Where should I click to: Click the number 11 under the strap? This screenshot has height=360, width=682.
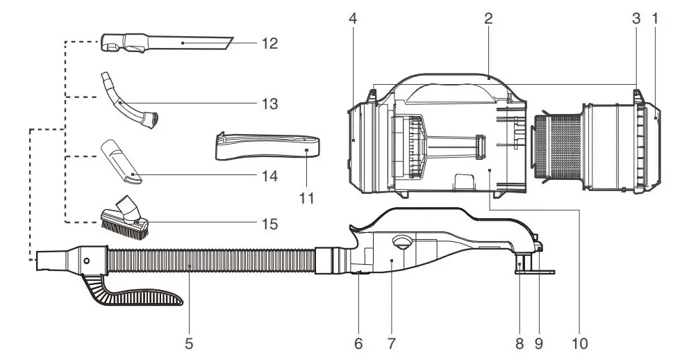(306, 199)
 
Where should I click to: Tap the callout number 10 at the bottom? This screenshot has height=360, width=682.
(580, 343)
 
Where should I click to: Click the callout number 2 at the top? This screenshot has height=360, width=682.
(488, 19)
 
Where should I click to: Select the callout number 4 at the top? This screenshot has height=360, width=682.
(353, 19)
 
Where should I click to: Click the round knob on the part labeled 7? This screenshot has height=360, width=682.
(401, 243)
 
